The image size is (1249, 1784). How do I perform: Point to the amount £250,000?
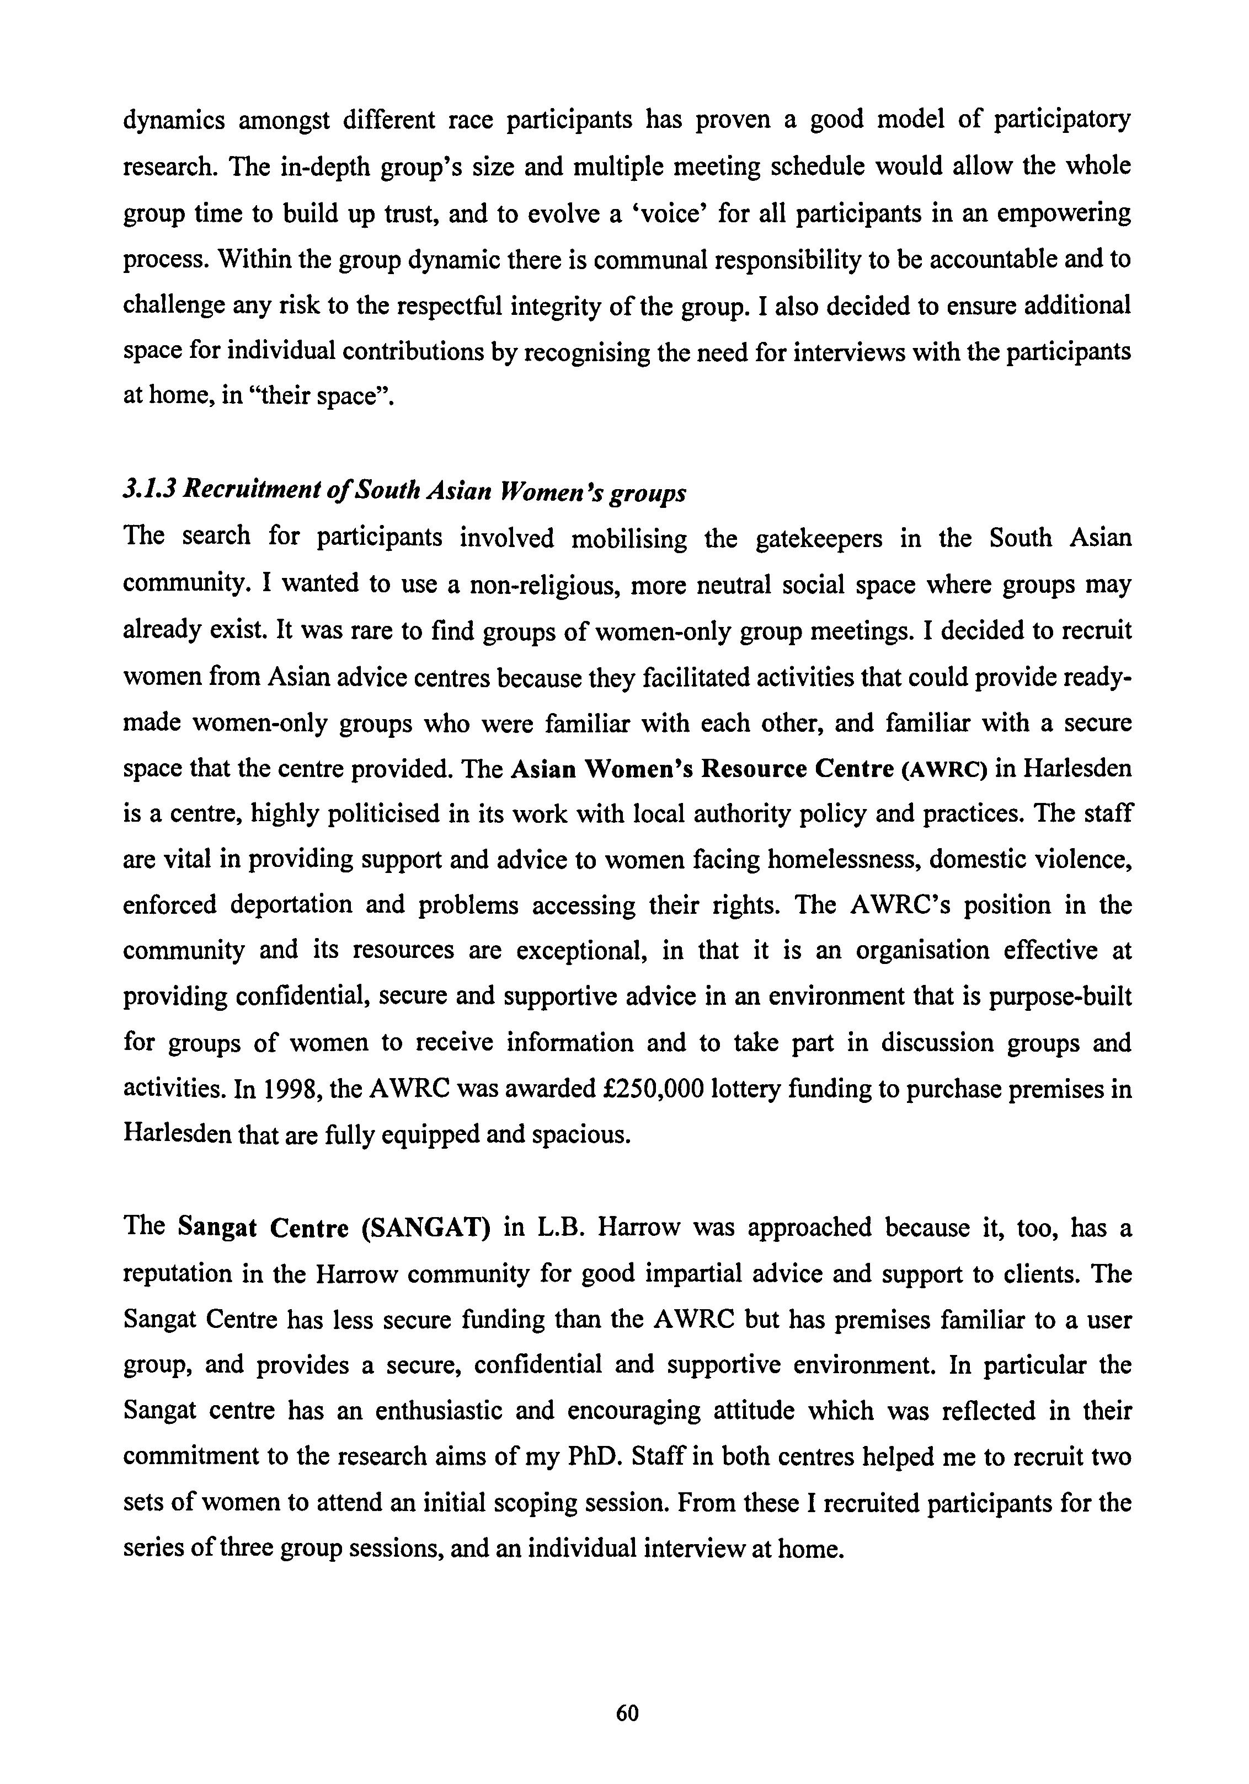654,1089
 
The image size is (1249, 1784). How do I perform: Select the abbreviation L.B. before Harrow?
557,1228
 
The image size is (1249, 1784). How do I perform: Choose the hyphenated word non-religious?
543,585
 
